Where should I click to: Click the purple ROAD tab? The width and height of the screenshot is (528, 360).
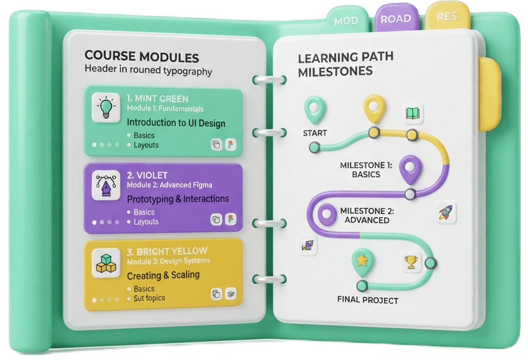pos(396,18)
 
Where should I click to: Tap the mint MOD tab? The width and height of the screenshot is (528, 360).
pos(346,20)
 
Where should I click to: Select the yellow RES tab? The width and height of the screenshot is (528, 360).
pos(447,16)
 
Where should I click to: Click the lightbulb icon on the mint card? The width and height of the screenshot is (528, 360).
pos(106,107)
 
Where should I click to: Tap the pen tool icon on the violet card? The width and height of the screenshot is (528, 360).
pos(106,185)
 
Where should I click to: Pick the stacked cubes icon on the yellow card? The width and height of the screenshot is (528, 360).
pos(106,263)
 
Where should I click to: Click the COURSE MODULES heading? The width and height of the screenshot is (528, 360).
pos(141,57)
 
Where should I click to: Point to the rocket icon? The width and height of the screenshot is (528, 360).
pos(446,213)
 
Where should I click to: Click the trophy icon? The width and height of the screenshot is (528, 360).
pos(411,262)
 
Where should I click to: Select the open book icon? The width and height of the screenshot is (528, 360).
pos(412,113)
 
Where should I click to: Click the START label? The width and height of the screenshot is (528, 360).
pos(315,133)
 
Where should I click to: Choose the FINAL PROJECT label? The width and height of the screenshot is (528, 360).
pos(368,300)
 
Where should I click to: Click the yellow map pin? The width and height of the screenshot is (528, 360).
pos(374,108)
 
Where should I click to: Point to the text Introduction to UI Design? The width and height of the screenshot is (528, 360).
pos(176,123)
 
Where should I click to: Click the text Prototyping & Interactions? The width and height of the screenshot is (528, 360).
pos(178,199)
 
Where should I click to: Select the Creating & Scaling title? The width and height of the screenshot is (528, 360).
pos(163,275)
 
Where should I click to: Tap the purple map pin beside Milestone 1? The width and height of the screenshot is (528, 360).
pos(410,169)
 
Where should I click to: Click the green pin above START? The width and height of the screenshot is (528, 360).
pos(315,110)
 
